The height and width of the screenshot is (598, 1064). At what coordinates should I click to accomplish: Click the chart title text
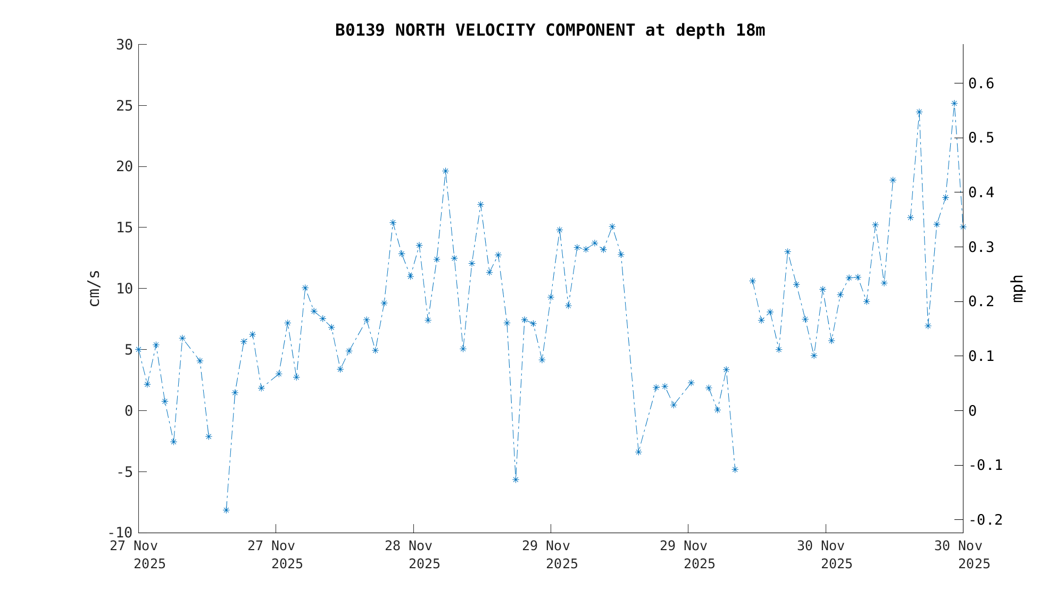pos(550,30)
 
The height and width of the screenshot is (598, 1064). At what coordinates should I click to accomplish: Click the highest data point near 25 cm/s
pos(954,104)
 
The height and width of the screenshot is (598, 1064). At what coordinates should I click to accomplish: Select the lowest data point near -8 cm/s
pos(226,510)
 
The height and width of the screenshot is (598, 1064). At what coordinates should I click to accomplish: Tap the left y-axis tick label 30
pos(124,45)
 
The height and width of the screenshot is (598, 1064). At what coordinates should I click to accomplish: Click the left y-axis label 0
pos(128,411)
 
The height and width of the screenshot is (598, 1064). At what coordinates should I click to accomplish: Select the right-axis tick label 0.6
pos(981,83)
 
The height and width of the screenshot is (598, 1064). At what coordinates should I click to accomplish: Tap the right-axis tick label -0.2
pos(985,520)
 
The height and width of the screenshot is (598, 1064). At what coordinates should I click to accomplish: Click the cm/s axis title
pos(94,288)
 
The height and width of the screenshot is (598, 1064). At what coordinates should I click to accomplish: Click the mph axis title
pos(1017,288)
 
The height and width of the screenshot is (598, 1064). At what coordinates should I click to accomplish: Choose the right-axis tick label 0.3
pos(981,247)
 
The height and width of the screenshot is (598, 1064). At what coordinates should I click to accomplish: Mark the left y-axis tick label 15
pos(124,228)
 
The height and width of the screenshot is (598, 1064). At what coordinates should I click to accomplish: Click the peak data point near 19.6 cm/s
pos(445,171)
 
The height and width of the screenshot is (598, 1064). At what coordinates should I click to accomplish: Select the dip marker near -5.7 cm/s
pos(516,480)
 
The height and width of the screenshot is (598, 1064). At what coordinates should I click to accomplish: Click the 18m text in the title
pos(750,30)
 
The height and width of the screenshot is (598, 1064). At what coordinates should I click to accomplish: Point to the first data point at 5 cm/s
pos(139,350)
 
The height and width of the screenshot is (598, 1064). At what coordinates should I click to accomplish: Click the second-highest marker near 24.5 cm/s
pos(919,112)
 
